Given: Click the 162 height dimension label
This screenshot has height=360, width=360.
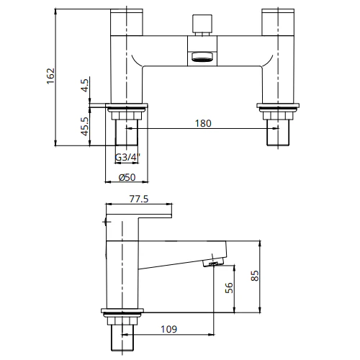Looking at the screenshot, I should (x=50, y=77).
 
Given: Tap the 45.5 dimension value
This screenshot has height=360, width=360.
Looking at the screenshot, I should (x=86, y=127).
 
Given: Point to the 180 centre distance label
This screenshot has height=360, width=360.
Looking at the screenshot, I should (x=204, y=123).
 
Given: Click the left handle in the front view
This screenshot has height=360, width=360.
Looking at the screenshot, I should (x=127, y=22).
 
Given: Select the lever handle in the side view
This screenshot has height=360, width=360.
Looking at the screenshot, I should (x=138, y=213).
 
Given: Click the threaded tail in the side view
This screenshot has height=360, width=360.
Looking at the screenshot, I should (x=122, y=335).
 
